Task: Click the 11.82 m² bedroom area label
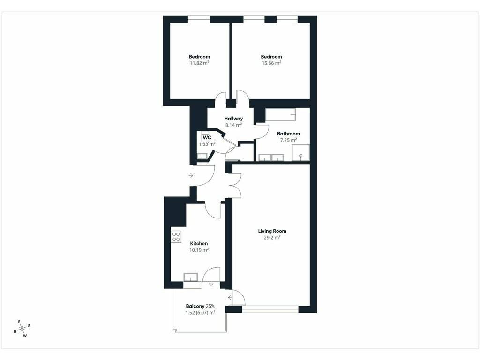coord(199,63)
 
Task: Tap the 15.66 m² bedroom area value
coord(271,63)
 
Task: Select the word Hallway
coord(233,119)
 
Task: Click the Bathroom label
coord(288,134)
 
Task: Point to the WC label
coord(207,138)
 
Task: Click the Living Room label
coord(272,231)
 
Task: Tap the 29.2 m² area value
coord(272,238)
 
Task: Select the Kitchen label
coord(199,244)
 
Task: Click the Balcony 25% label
coord(200,306)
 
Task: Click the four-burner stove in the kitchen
coord(176,237)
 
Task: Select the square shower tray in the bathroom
coord(300,153)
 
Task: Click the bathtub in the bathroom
coord(280,115)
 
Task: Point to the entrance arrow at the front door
coord(191,175)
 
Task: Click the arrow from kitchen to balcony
coord(211,284)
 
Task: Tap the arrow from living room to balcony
coord(230,298)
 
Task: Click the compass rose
coord(22,329)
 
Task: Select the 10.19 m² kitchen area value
coord(199,250)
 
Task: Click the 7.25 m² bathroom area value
coord(288,140)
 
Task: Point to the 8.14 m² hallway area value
coord(233,125)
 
